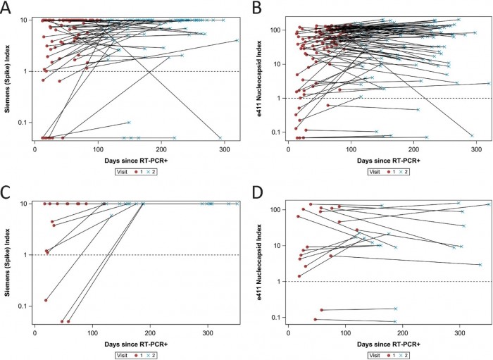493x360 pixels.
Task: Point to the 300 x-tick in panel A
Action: [x=225, y=149]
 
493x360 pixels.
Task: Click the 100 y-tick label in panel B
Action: [x=275, y=30]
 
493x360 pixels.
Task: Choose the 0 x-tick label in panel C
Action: [x=35, y=333]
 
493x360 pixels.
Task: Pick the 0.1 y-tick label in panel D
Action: [x=277, y=318]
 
